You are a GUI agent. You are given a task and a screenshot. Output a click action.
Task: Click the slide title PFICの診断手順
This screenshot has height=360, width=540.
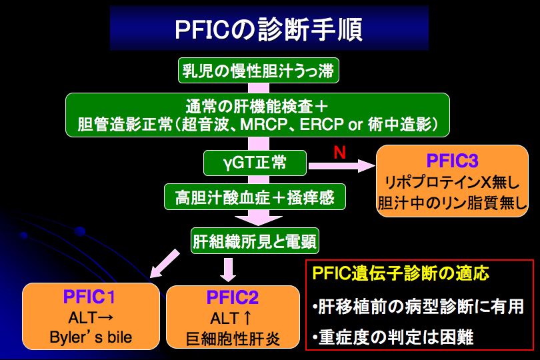pos(269,29)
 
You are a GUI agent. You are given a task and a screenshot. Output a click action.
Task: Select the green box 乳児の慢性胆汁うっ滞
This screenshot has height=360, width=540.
pos(258,71)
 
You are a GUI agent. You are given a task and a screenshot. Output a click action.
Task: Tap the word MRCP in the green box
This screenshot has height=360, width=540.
pos(263,124)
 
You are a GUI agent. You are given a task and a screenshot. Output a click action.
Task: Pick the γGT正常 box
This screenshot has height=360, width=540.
pos(255,163)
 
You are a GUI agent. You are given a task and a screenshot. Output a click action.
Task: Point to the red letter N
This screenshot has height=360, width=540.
pos(339,152)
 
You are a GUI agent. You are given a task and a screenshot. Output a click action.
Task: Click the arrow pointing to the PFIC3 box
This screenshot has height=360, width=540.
pos(341,166)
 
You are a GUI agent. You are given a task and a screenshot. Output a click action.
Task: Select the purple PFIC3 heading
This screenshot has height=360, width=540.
pos(452,161)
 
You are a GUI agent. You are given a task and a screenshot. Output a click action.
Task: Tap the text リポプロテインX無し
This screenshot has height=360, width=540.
pos(452,182)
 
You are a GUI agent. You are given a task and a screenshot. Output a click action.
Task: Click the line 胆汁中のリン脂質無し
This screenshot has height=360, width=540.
pos(452,203)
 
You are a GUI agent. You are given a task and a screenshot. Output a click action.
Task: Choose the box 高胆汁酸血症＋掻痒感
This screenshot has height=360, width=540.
pos(255,197)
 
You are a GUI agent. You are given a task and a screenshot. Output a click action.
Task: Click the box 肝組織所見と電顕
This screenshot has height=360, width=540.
pos(255,241)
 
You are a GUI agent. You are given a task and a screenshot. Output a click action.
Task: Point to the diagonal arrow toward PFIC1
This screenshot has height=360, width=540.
pos(165,263)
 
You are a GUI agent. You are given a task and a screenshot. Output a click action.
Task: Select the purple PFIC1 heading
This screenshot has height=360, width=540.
pos(89,297)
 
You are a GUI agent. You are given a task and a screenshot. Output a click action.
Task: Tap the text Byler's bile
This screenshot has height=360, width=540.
pos(91,337)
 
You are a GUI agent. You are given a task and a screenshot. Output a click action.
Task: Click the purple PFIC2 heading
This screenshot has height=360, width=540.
pos(233,297)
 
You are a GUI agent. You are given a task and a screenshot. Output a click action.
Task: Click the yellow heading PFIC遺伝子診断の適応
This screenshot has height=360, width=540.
pos(401,273)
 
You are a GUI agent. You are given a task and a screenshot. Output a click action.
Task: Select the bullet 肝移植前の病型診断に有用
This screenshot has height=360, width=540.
pos(418,307)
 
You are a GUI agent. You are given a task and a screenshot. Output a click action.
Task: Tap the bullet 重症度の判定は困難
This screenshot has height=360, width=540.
pos(393,337)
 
